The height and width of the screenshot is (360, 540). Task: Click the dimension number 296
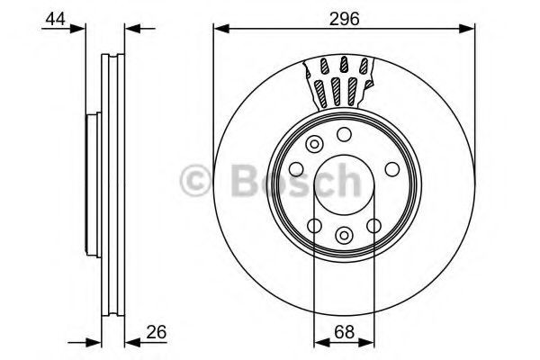(344, 19)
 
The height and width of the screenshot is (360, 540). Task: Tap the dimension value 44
(55, 19)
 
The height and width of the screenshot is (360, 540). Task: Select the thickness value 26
(156, 332)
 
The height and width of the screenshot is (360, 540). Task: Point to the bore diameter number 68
(344, 332)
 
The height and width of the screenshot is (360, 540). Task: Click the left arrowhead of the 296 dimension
(221, 29)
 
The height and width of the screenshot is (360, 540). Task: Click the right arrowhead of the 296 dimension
(466, 29)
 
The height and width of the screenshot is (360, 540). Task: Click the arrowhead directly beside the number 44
(77, 29)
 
